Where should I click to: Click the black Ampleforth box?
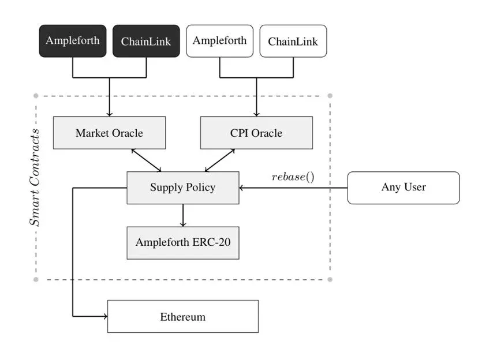73,41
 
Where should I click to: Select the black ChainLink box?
146,41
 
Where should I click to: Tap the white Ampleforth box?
219,41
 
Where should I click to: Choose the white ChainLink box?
293,41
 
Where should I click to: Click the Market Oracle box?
109,133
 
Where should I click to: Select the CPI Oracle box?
256,133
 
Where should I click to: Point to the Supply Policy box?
182,187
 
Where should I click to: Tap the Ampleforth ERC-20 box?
182,242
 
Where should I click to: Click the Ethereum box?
182,316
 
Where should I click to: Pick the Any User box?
403,187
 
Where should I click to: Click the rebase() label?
293,176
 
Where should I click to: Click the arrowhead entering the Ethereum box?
104,316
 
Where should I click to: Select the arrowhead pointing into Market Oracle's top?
109,114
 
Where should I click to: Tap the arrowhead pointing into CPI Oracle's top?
256,114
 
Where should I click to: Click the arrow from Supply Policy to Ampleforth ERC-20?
182,215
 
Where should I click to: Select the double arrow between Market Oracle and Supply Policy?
146,160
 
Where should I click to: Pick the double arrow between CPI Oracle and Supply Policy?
219,160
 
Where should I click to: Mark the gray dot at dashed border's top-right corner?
330,96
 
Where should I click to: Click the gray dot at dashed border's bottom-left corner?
36,279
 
